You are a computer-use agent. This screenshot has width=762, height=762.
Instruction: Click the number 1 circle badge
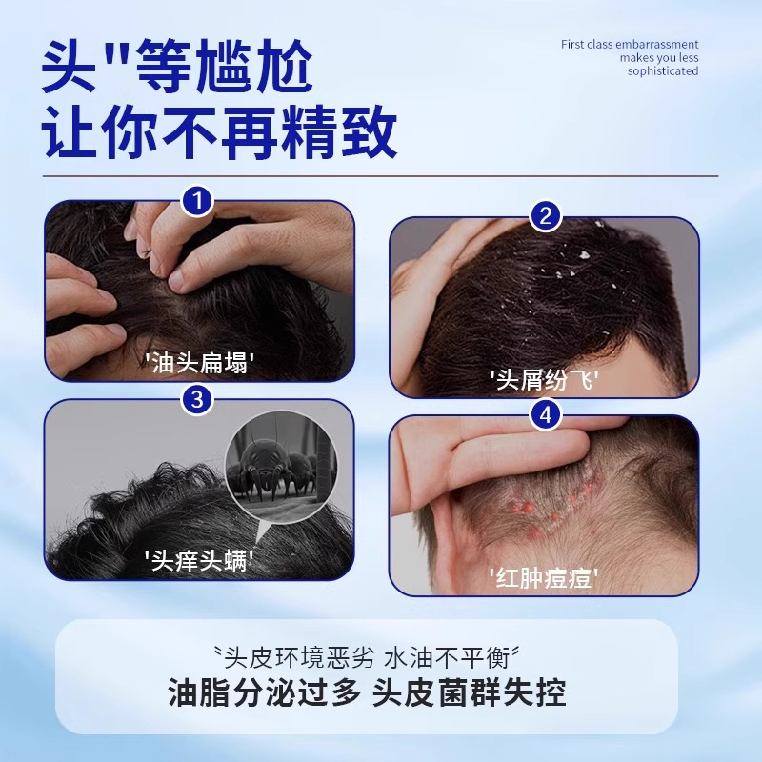pos(197,201)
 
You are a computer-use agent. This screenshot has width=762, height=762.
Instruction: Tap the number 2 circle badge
pos(545,216)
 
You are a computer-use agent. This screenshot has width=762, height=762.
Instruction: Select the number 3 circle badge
pos(197,400)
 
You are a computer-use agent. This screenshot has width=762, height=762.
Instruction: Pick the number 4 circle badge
pos(545,415)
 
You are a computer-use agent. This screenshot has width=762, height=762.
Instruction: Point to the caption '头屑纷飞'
pos(544,379)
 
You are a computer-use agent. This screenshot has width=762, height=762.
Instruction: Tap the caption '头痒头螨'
pos(199,560)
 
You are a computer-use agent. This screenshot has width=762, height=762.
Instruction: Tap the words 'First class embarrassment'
pos(630,45)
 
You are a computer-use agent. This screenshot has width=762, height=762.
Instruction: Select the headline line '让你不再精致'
pos(220,134)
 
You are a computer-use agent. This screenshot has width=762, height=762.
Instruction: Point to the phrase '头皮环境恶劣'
pos(299,656)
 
